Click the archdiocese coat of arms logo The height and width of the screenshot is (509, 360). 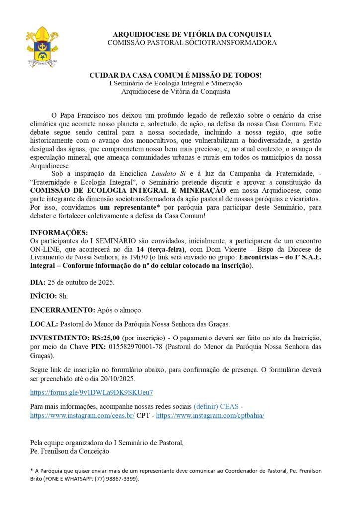pyautogui.click(x=42, y=47)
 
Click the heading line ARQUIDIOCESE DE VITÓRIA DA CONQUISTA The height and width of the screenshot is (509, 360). pyautogui.click(x=192, y=34)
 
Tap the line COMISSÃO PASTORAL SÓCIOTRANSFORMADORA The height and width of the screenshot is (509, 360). pyautogui.click(x=192, y=43)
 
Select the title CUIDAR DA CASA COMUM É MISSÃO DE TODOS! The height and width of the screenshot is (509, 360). pyautogui.click(x=176, y=75)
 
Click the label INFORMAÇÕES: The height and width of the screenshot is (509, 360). pyautogui.click(x=59, y=232)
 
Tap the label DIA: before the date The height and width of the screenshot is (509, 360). pyautogui.click(x=38, y=282)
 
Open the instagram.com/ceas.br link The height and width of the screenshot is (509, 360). pyautogui.click(x=82, y=415)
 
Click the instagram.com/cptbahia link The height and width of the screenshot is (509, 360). pyautogui.click(x=210, y=415)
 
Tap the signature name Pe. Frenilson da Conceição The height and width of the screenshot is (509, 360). pyautogui.click(x=70, y=451)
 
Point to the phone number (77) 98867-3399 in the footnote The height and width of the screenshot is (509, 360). pyautogui.click(x=115, y=479)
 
